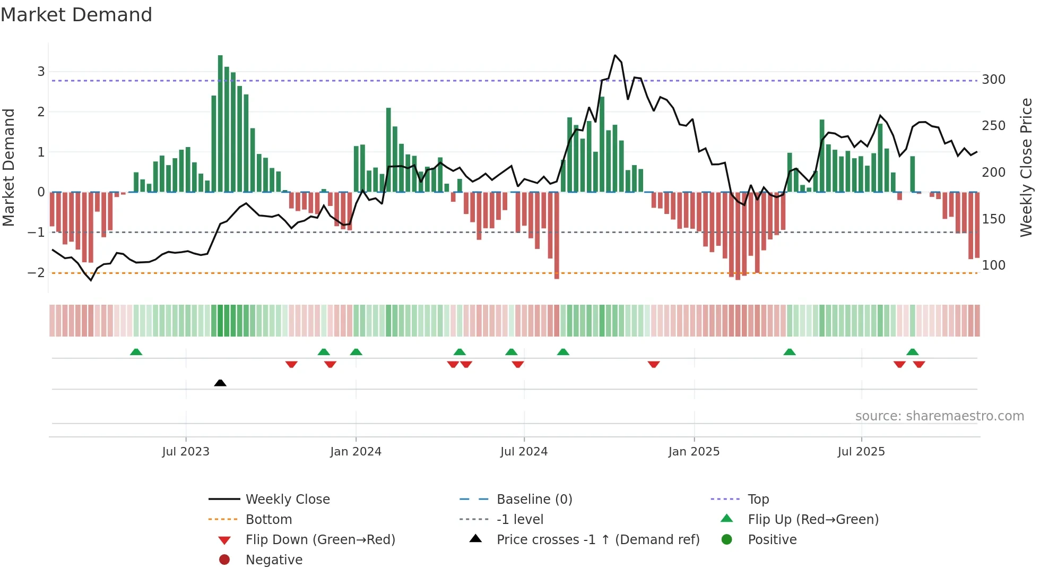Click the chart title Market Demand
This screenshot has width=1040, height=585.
tap(76, 15)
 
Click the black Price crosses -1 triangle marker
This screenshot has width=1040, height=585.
tap(220, 383)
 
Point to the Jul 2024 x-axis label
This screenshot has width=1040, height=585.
tap(524, 452)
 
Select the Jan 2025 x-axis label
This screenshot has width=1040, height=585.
tap(694, 452)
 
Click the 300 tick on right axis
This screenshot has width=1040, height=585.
tap(993, 80)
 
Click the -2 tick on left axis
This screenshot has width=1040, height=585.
tap(36, 273)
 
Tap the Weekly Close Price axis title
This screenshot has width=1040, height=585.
tap(1026, 167)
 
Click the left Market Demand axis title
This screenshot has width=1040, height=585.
tap(8, 167)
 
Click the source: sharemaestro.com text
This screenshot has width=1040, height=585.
tap(939, 416)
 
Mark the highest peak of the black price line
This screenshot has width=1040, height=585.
tap(615, 55)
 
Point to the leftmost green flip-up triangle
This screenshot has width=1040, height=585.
tap(136, 352)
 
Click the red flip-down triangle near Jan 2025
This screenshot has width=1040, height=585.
tap(654, 364)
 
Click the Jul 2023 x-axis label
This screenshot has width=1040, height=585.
tap(186, 452)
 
